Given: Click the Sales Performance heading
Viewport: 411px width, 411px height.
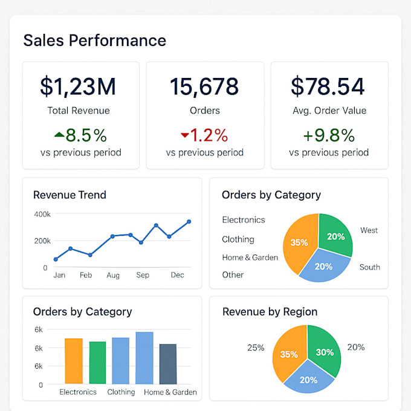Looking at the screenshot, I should pos(94,40).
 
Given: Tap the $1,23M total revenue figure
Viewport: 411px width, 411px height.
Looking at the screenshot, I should pos(78,87).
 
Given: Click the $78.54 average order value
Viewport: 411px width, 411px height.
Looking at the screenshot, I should pos(328,87).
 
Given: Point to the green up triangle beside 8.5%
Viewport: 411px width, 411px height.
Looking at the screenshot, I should pos(59,135).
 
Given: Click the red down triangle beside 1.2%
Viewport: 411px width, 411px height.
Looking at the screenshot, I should pos(184,135).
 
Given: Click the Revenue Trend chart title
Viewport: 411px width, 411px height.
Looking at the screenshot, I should pos(70,195).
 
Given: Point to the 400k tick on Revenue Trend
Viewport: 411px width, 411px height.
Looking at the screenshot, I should pos(42,214).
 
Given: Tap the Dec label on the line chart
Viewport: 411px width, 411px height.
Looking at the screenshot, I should pos(177,275).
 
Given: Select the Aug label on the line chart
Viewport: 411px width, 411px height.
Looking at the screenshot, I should pos(113,275).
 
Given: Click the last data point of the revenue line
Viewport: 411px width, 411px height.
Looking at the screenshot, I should pos(189,222).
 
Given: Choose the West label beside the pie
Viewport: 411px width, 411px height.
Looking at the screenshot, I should pos(369,230).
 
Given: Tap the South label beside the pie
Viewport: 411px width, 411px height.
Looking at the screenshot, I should pos(369,267).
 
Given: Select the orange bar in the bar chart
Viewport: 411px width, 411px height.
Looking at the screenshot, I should pos(74,361).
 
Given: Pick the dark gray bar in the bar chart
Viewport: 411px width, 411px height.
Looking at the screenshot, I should pos(168,364).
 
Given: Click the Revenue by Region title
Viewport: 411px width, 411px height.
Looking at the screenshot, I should pos(270,312).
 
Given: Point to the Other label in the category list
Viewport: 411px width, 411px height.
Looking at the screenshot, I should pos(233,275).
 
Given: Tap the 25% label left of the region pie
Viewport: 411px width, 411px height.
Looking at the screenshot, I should pos(256,348).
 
